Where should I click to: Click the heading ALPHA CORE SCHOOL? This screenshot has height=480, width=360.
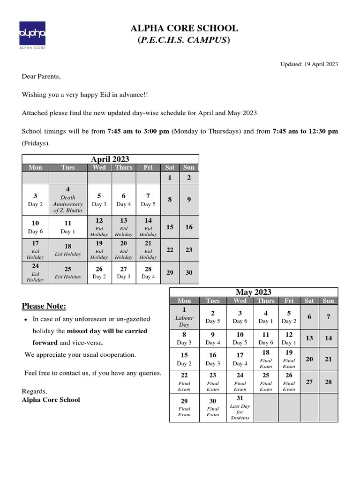[x=184, y=29]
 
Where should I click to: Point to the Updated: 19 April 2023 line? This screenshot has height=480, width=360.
[x=309, y=64]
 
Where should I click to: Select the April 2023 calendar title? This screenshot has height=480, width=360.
[x=110, y=159]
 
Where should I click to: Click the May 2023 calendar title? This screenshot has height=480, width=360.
[x=253, y=292]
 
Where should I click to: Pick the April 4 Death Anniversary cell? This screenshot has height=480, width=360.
[x=68, y=200]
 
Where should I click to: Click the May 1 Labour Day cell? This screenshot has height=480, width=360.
[x=184, y=317]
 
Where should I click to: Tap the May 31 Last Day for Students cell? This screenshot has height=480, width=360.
[x=240, y=408]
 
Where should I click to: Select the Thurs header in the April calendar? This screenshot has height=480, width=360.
[x=124, y=167]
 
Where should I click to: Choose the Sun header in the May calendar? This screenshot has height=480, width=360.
[x=328, y=300]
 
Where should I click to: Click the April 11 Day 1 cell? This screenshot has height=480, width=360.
[x=68, y=227]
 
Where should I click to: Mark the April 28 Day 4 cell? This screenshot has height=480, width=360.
[x=148, y=272]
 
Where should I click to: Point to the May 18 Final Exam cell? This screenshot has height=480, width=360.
[x=266, y=359]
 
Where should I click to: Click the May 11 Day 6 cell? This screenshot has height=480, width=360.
[x=266, y=338]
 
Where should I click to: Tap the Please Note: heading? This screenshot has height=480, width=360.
[x=44, y=307]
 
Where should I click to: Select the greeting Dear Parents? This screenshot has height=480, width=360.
[x=41, y=76]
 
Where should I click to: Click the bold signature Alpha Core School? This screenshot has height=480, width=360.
[x=51, y=400]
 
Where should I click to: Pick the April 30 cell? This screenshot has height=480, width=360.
[x=189, y=272]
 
